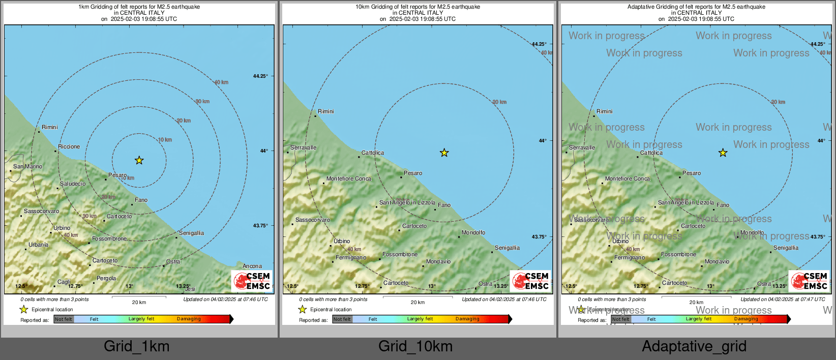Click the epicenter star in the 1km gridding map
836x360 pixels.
pyautogui.click(x=139, y=161)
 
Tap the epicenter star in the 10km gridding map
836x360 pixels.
pyautogui.click(x=444, y=153)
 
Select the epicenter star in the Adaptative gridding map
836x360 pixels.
pyautogui.click(x=723, y=153)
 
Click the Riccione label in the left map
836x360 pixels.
pyautogui.click(x=69, y=146)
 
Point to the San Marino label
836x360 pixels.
pyautogui.click(x=28, y=166)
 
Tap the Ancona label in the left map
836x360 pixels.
pyautogui.click(x=252, y=266)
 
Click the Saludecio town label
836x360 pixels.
pyautogui.click(x=73, y=184)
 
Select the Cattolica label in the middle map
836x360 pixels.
pyautogui.click(x=373, y=153)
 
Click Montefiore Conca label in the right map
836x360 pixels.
pyautogui.click(x=628, y=178)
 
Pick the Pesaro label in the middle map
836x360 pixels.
pyautogui.click(x=413, y=173)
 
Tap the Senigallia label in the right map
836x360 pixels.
pyautogui.click(x=786, y=248)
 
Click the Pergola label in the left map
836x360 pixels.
pyautogui.click(x=106, y=278)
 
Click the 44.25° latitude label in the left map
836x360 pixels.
pyautogui.click(x=260, y=76)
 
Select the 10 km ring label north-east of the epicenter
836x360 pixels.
pyautogui.click(x=165, y=140)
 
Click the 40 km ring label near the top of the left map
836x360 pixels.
pyautogui.click(x=221, y=82)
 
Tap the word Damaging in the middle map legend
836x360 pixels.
pyautogui.click(x=467, y=319)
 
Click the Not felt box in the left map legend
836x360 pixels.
pyautogui.click(x=64, y=319)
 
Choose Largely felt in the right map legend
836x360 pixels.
pyautogui.click(x=699, y=319)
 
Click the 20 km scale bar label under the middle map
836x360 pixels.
pyautogui.click(x=417, y=302)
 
